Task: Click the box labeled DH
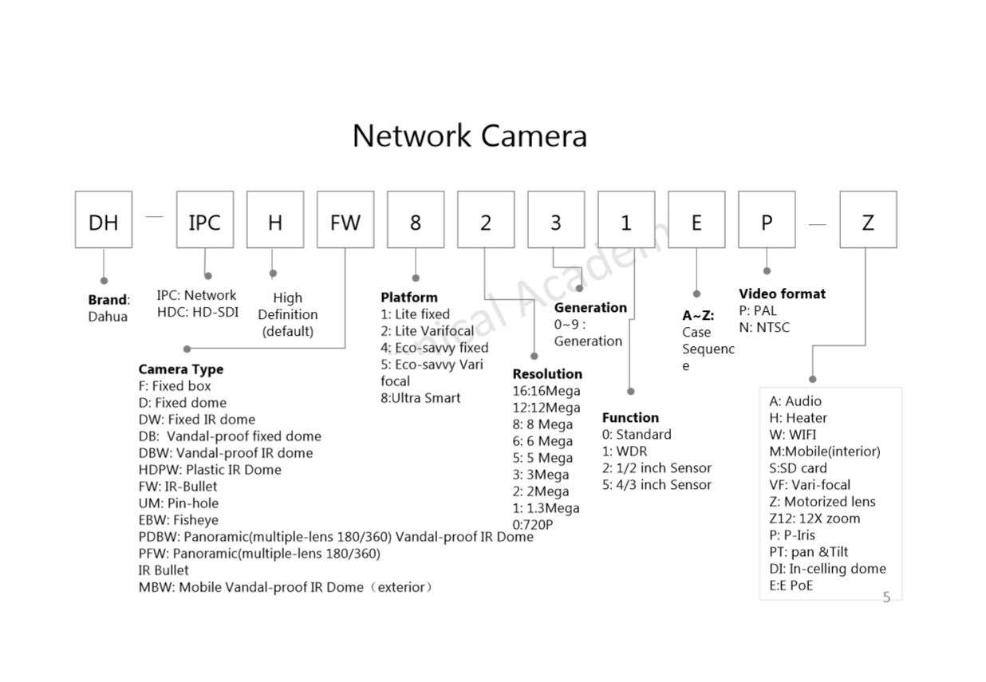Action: pos(104,219)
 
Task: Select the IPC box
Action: pos(205,219)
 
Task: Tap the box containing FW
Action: pos(345,219)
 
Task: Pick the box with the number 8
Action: pos(416,219)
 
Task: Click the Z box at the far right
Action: pos(868,219)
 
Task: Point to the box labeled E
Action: pos(696,219)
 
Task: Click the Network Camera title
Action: pos(470,136)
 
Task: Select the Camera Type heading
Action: pos(181,369)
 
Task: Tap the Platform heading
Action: pos(409,298)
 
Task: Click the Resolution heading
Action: pos(547,374)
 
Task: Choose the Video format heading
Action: pos(782,294)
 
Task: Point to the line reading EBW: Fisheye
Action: pos(179,520)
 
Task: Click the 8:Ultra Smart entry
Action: pos(420,398)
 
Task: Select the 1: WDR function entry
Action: pos(625,451)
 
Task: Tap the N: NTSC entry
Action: pos(764,327)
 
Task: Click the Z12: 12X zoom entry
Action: pos(814,518)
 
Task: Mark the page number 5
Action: pos(886,597)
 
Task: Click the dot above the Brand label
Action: pos(104,281)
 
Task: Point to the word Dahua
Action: pos(108,317)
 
